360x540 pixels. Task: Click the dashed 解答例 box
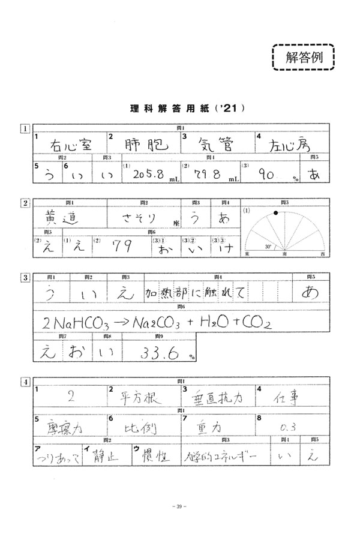point(302,58)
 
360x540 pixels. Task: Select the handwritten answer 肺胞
point(143,145)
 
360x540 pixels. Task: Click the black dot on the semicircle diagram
point(275,212)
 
